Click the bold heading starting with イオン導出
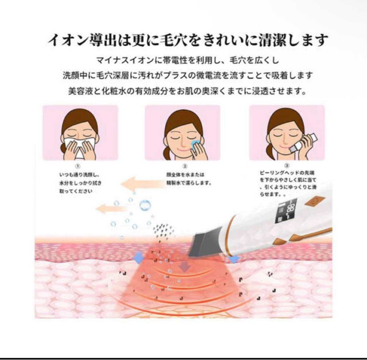pyautogui.click(x=187, y=40)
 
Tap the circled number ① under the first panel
pyautogui.click(x=78, y=167)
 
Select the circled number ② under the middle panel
pyautogui.click(x=185, y=167)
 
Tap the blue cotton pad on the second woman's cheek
pyautogui.click(x=194, y=143)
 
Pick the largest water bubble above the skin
pyautogui.click(x=145, y=205)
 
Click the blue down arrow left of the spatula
pyautogui.click(x=138, y=258)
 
